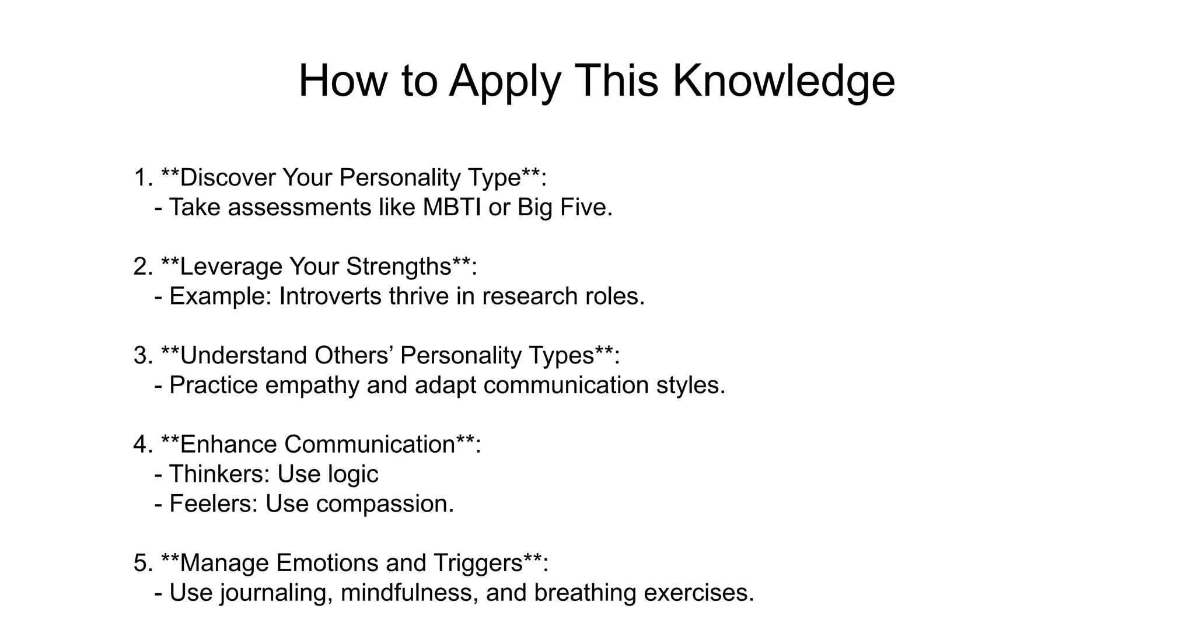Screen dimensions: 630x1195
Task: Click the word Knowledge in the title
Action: [784, 80]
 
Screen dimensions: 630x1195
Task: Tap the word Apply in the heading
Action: [505, 82]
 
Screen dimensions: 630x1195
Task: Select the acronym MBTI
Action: [452, 208]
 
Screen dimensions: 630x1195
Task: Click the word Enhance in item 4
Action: [229, 444]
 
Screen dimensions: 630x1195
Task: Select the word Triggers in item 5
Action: [478, 563]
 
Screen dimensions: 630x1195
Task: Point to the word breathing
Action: [585, 593]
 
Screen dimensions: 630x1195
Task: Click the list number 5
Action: [141, 563]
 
